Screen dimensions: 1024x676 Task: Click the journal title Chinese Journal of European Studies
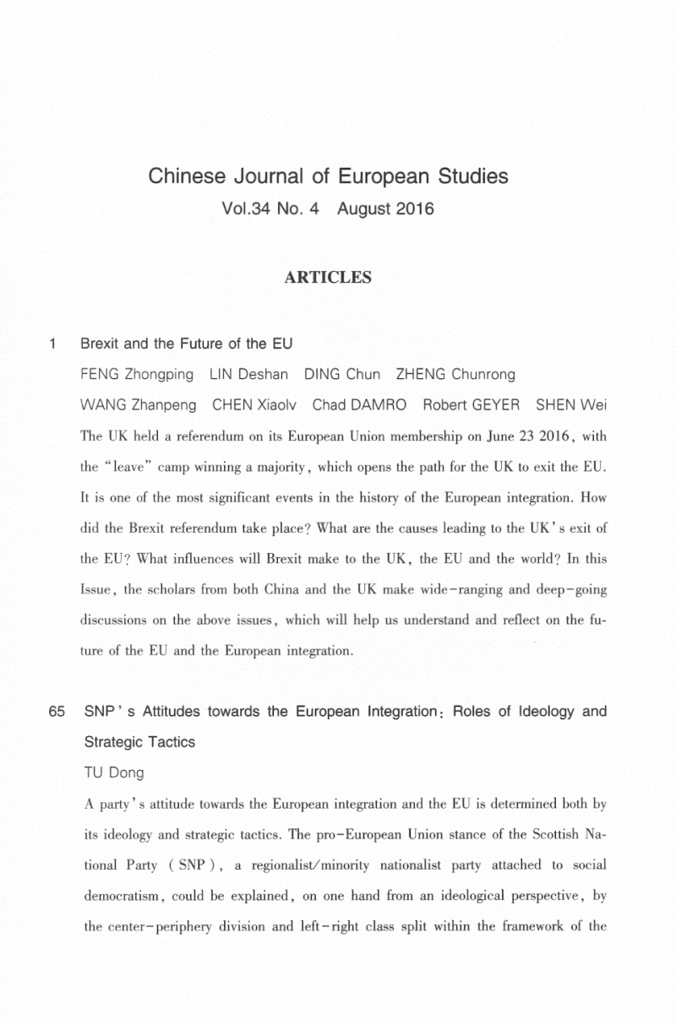328,177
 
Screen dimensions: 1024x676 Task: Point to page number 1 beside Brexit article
53,344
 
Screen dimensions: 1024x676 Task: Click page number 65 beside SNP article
57,712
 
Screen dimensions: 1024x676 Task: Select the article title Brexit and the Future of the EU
186,344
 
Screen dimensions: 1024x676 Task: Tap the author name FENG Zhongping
136,374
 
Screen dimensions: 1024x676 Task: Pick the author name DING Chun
342,374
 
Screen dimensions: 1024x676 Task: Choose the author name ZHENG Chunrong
455,374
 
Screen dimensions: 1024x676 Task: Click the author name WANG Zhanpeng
139,404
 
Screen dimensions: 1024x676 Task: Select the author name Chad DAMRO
360,404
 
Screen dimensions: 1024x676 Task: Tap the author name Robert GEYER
472,404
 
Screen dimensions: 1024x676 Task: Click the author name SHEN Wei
572,404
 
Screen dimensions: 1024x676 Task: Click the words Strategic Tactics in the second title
139,742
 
